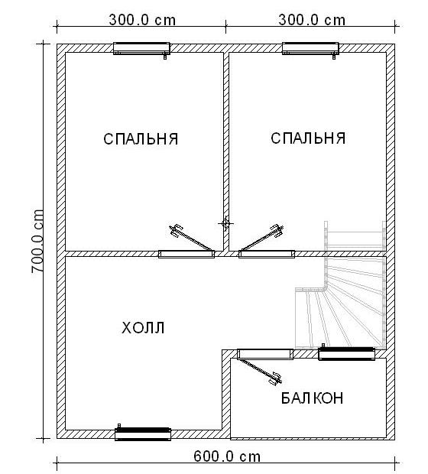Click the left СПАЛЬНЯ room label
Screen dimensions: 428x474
coord(141,139)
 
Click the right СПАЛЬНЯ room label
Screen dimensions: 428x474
coord(308,138)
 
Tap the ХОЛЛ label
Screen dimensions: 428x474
coord(143,328)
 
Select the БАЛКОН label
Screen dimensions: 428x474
coord(313,398)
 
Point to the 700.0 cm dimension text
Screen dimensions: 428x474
coord(37,245)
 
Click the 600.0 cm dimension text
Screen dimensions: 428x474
coord(227,456)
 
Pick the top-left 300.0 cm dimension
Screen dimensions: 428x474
coord(142,20)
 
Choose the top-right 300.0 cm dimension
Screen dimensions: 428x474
coord(312,20)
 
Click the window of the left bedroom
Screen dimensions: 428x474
coord(141,49)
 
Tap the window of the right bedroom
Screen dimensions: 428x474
coord(310,49)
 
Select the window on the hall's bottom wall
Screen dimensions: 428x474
coord(143,433)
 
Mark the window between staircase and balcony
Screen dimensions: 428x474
coord(347,353)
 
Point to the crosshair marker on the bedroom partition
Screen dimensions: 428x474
coord(225,223)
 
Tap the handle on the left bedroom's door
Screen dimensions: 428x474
coord(175,230)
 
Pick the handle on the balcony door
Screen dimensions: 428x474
coord(276,378)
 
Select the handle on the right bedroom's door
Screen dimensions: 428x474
coord(277,230)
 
